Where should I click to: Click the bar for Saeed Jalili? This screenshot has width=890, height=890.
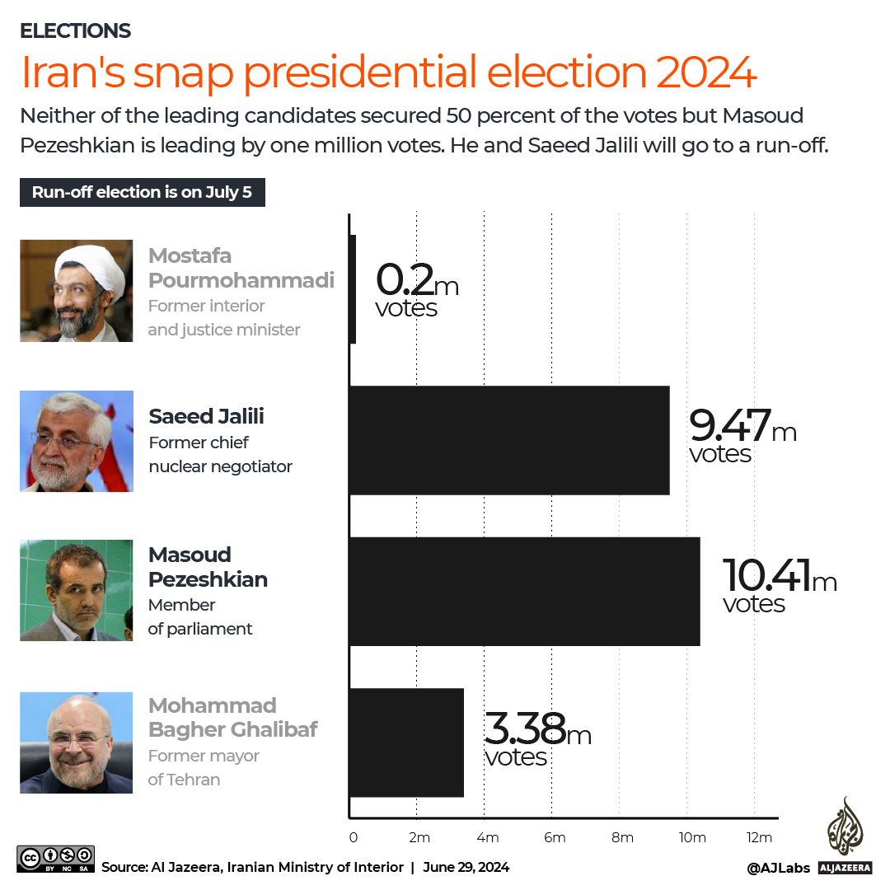pyautogui.click(x=509, y=440)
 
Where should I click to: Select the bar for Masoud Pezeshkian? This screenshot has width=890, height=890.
pyautogui.click(x=525, y=591)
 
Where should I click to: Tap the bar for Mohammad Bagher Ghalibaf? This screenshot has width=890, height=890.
pyautogui.click(x=407, y=742)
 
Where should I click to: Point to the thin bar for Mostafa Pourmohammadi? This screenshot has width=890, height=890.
pyautogui.click(x=354, y=289)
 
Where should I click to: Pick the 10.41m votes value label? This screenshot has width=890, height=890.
pyautogui.click(x=779, y=586)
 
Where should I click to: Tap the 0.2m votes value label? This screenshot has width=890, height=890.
pyautogui.click(x=416, y=289)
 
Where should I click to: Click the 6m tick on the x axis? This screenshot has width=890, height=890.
pyautogui.click(x=554, y=838)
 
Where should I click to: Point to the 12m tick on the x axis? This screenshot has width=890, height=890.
pyautogui.click(x=759, y=838)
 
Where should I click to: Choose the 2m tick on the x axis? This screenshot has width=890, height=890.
pyautogui.click(x=419, y=838)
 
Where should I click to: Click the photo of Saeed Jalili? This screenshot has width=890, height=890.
pyautogui.click(x=76, y=441)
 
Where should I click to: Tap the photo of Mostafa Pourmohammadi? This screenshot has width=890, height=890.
pyautogui.click(x=76, y=290)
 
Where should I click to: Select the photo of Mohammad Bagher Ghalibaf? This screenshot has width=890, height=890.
pyautogui.click(x=76, y=742)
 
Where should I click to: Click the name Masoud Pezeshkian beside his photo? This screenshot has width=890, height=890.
pyautogui.click(x=208, y=567)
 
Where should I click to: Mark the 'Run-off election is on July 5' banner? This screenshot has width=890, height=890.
pyautogui.click(x=142, y=193)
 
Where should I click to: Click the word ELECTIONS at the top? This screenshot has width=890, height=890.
pyautogui.click(x=75, y=31)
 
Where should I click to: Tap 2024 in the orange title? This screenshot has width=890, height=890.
pyautogui.click(x=706, y=73)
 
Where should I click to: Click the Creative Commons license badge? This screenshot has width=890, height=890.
pyautogui.click(x=55, y=859)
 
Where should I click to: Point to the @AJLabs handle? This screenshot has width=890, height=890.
pyautogui.click(x=778, y=868)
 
